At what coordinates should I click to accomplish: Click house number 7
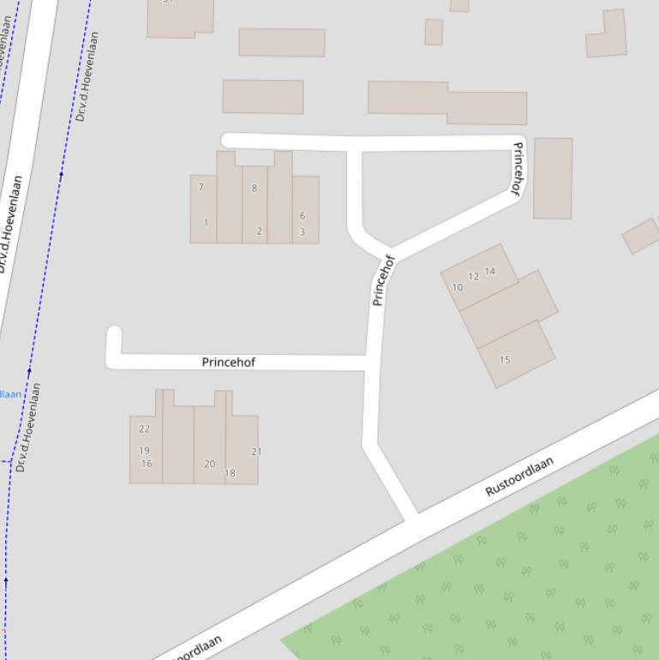[x=201, y=187]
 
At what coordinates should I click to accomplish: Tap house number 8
[x=254, y=188]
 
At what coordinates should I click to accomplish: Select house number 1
[x=206, y=223]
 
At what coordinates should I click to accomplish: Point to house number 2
[x=259, y=231]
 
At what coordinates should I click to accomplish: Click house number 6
[x=302, y=216]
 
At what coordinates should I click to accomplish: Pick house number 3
[x=302, y=231]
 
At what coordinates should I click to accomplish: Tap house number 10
[x=457, y=287]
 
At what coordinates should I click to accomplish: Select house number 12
[x=473, y=276]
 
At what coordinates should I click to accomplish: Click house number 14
[x=489, y=271]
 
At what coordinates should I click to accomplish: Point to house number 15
[x=505, y=359]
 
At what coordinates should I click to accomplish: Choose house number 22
[x=144, y=429]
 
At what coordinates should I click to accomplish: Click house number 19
[x=144, y=450]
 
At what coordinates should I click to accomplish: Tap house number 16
[x=147, y=464]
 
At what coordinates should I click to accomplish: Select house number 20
[x=209, y=464]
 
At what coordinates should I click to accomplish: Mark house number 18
[x=230, y=473]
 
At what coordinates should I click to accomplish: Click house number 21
[x=256, y=451]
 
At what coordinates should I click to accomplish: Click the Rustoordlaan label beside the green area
[x=519, y=477]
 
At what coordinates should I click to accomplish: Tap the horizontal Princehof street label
[x=228, y=363]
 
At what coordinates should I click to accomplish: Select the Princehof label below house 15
[x=382, y=280]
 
